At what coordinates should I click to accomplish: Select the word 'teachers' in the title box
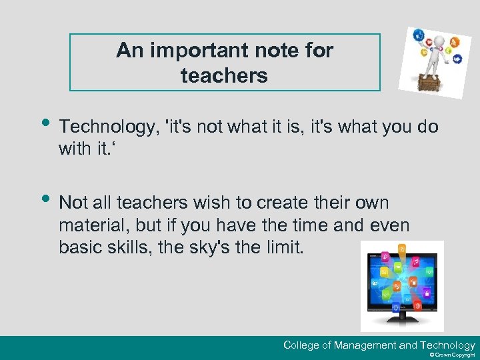coord(224,76)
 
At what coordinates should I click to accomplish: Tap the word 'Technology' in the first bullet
coord(107,127)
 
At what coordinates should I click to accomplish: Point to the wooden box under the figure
coord(429,85)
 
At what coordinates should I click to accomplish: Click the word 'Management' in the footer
coord(365,345)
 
